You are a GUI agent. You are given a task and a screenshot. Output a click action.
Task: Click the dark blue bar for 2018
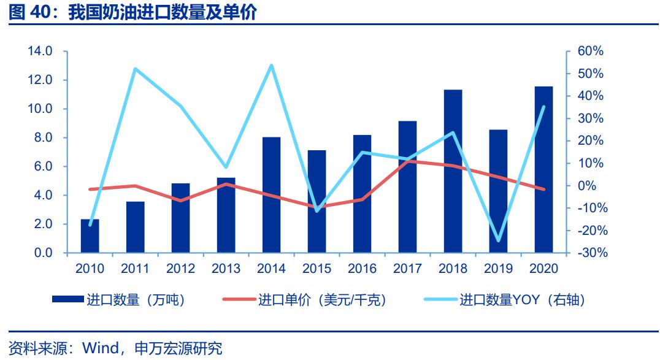point(453,171)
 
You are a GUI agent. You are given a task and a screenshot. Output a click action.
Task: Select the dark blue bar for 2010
point(90,236)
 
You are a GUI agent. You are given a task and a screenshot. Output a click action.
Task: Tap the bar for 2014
point(272,195)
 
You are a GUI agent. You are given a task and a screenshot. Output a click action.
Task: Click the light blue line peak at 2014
point(272,65)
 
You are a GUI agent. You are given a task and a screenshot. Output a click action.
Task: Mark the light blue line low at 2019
point(498,240)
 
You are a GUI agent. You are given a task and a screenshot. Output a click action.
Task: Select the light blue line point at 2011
point(135,69)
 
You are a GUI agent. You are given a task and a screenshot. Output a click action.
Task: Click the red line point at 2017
point(408,161)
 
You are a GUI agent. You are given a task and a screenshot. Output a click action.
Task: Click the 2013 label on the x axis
point(226,269)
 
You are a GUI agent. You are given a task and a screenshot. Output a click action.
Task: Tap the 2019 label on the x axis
point(499,269)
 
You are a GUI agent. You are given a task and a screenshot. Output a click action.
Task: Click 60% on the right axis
point(591,52)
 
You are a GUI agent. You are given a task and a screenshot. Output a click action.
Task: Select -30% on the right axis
point(589,253)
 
